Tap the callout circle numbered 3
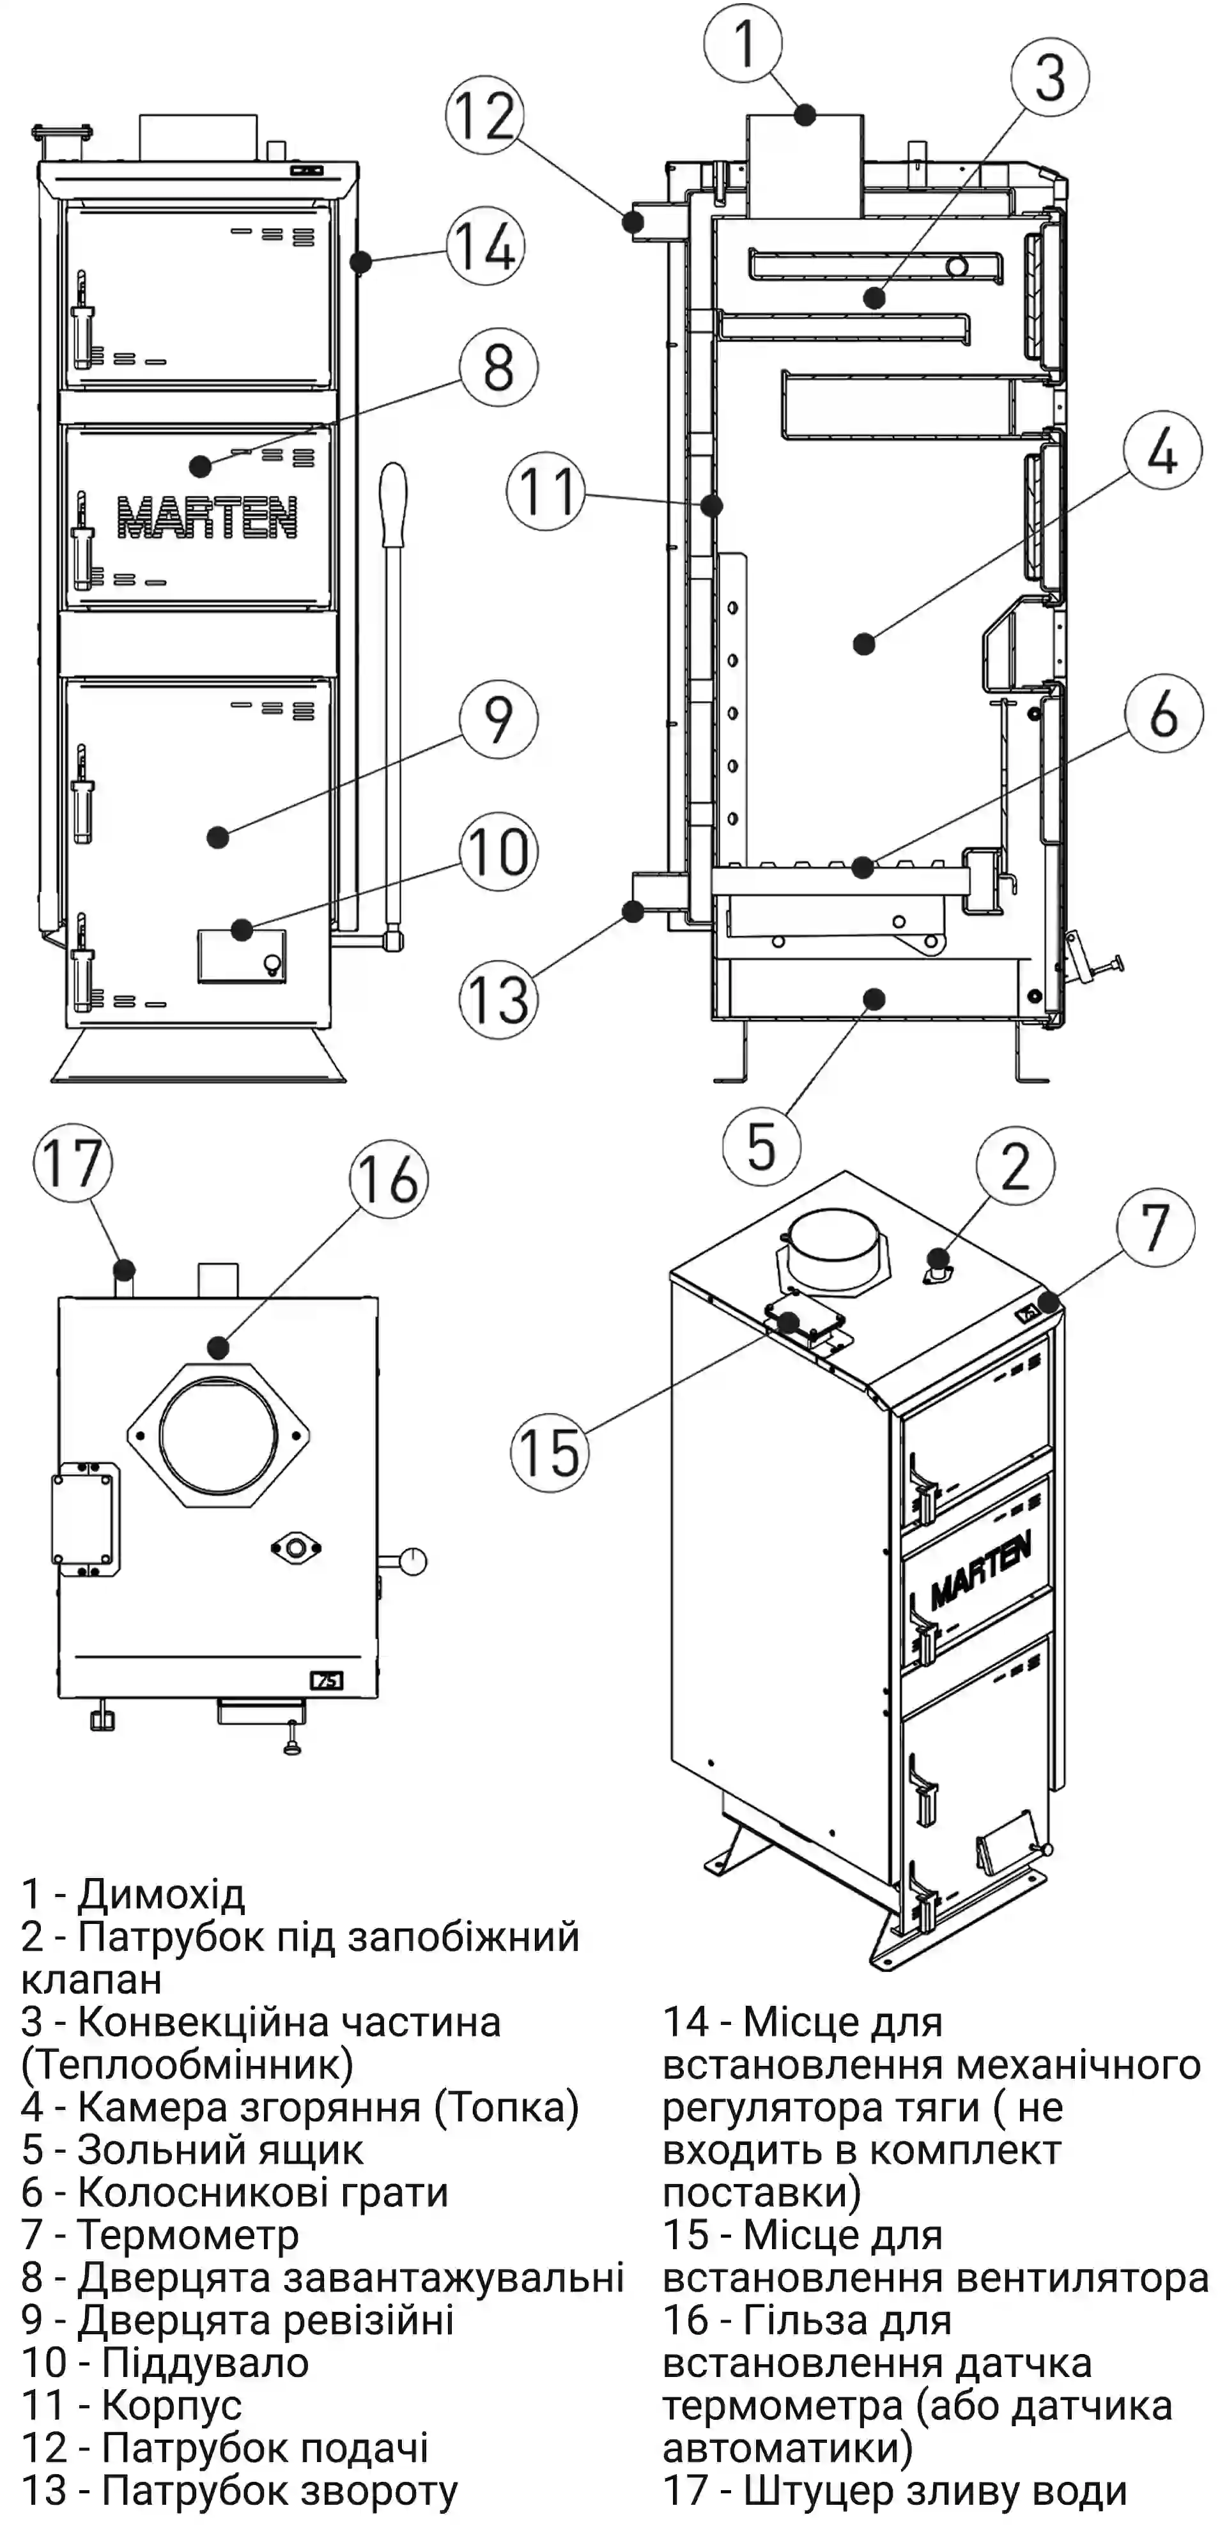[x=1049, y=77]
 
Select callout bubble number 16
[x=390, y=1178]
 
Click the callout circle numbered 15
[x=549, y=1451]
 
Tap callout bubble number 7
[x=1156, y=1227]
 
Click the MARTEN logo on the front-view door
[x=207, y=517]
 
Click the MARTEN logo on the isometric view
[x=980, y=1569]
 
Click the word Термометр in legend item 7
[x=188, y=2235]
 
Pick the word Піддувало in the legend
[x=205, y=2362]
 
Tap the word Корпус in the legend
[x=172, y=2405]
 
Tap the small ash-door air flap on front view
[x=242, y=955]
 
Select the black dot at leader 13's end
[x=634, y=912]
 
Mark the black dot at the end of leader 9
[x=218, y=837]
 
